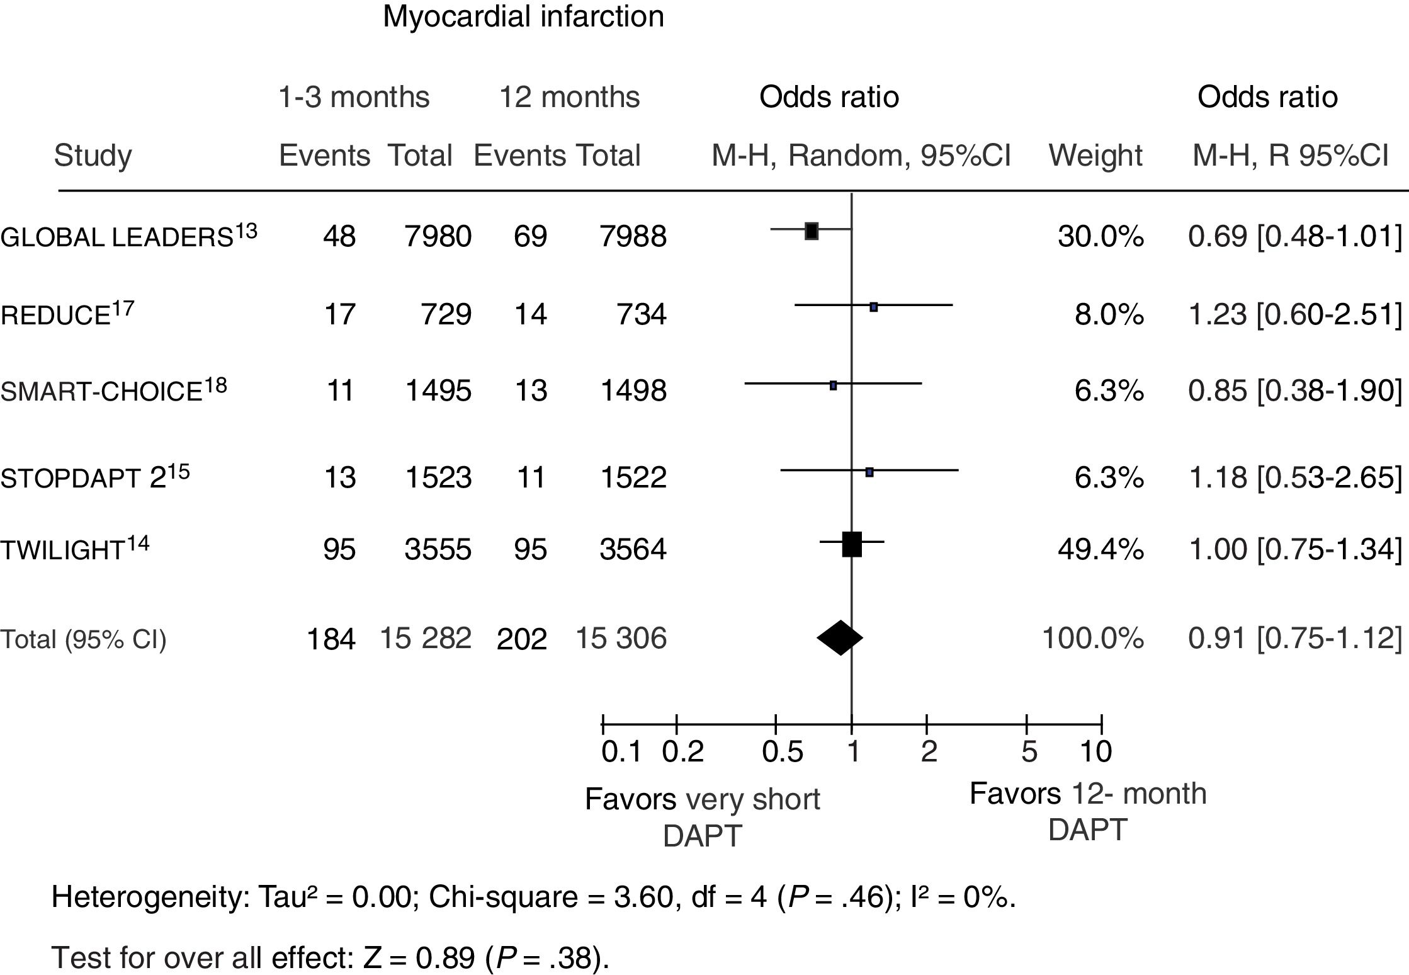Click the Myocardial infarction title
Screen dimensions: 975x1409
523,16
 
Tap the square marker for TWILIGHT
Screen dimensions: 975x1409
851,544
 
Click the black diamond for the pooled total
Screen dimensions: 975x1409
840,638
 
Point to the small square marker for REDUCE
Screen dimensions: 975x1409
873,307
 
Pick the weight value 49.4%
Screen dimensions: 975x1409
1101,549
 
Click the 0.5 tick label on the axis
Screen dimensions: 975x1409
782,752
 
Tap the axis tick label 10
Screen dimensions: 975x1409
1095,752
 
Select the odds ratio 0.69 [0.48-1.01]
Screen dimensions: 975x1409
1294,237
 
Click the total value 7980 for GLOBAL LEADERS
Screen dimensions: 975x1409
438,237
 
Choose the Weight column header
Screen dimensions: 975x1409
1095,156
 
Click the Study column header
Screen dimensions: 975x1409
93,156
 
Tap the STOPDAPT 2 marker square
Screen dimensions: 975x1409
869,472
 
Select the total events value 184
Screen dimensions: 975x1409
331,640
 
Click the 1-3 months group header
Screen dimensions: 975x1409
354,98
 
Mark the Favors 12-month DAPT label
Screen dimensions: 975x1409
1087,811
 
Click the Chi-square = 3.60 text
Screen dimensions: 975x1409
551,897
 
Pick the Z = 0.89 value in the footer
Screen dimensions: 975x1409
419,958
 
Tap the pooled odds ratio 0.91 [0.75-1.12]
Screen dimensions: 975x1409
1294,639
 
